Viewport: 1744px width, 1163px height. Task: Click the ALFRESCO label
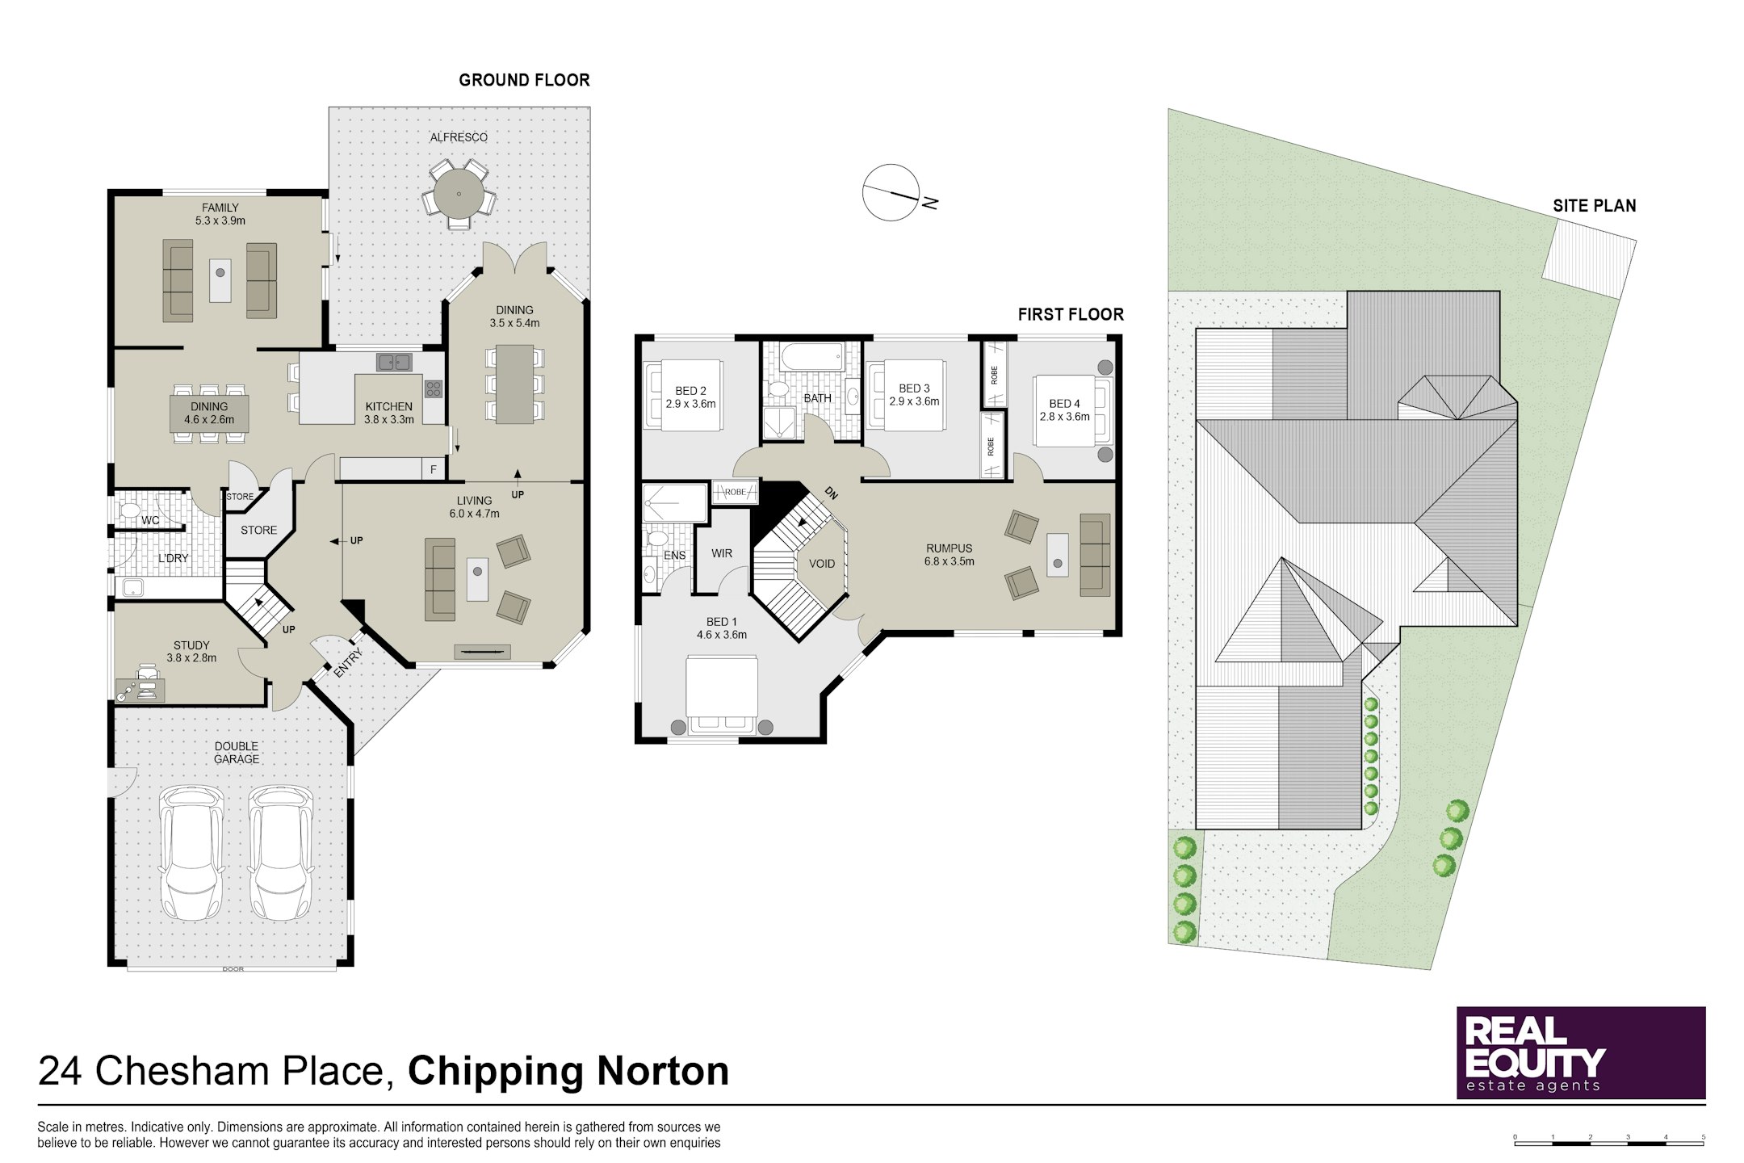coord(459,137)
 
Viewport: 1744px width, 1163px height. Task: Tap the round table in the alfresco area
coord(459,195)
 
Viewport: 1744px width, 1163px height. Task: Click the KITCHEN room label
coord(389,406)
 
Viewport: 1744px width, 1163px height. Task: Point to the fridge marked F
coord(434,469)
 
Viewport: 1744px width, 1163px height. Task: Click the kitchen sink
coord(393,362)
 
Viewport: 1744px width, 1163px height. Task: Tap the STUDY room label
coord(191,645)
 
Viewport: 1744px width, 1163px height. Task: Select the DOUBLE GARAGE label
coord(237,753)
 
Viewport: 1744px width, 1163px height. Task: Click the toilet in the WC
coord(129,511)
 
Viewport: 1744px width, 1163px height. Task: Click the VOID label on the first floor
coord(822,564)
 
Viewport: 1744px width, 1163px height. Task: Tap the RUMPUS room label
coord(950,548)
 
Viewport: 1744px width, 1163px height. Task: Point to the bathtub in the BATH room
coord(811,358)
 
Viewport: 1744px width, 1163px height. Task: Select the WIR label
coord(722,553)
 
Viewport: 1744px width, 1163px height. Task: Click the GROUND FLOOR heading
coord(525,80)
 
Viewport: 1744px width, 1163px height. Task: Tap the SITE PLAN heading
coord(1595,206)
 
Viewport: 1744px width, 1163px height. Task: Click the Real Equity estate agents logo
coord(1581,1052)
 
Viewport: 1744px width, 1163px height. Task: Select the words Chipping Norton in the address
coord(568,1071)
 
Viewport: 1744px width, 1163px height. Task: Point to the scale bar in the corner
coord(1609,1140)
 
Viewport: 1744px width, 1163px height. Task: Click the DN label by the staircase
coord(831,492)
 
